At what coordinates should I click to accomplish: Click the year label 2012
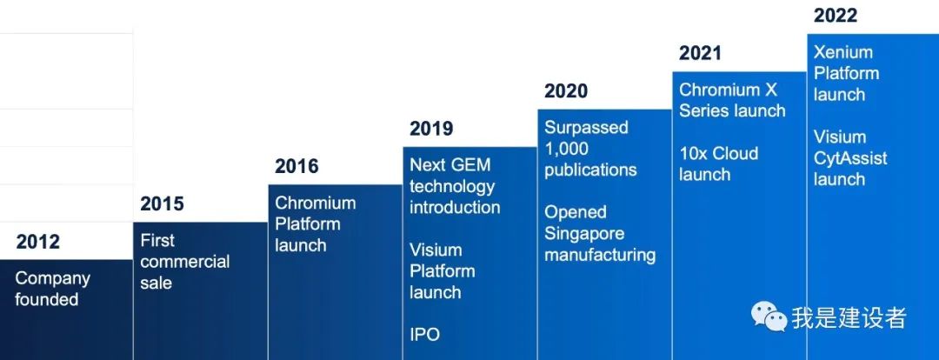click(x=37, y=242)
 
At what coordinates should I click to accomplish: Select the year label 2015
click(x=162, y=203)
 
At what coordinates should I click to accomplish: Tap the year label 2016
click(x=296, y=166)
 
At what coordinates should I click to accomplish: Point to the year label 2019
click(x=431, y=128)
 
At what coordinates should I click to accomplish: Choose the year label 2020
click(x=566, y=90)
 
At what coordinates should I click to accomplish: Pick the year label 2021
click(x=701, y=53)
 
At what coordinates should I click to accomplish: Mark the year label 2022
click(x=836, y=15)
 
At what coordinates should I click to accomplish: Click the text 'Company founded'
click(x=53, y=289)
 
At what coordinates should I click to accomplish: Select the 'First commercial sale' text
click(x=185, y=262)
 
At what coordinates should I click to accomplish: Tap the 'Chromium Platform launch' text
click(x=315, y=224)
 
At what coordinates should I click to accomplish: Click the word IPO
click(x=424, y=334)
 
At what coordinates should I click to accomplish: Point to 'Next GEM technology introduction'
click(x=455, y=186)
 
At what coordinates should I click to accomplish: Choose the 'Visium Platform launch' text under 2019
click(x=443, y=270)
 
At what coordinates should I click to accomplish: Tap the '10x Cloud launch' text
click(x=719, y=163)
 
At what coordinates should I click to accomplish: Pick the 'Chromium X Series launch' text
click(x=732, y=100)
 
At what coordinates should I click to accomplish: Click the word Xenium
click(x=843, y=52)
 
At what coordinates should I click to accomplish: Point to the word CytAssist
click(x=850, y=158)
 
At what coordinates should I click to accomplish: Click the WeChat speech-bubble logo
click(x=769, y=317)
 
